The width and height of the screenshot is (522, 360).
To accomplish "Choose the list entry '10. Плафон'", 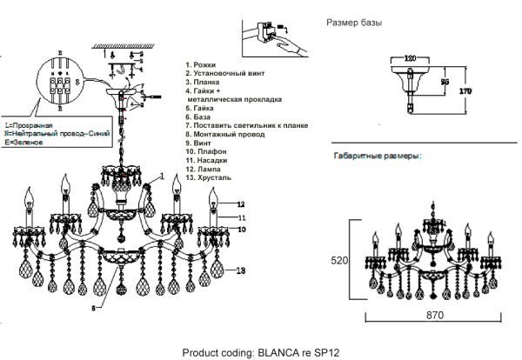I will point(207,150).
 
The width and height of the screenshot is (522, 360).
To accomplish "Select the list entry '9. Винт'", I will point(201,142).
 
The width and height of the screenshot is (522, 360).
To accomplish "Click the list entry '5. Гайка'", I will point(202,108).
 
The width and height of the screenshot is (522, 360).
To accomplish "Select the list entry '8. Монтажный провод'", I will point(226,134).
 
